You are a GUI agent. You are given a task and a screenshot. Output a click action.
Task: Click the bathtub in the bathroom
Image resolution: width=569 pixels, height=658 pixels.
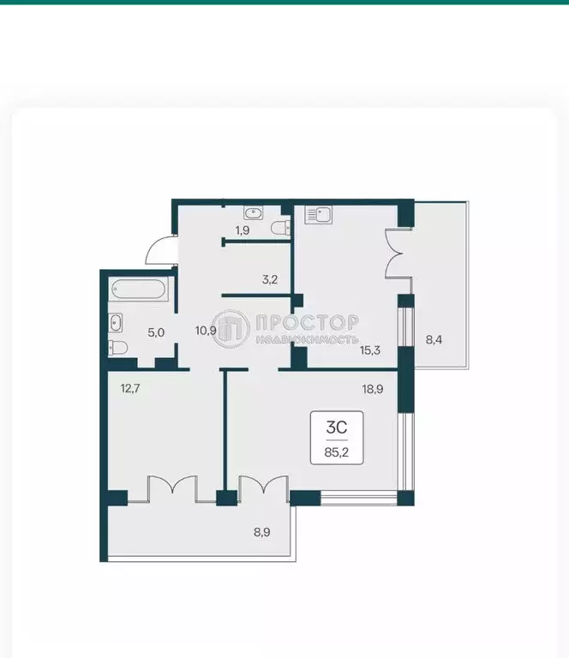point(138,290)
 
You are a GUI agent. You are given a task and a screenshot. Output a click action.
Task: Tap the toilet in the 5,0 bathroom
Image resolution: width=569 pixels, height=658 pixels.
point(117,347)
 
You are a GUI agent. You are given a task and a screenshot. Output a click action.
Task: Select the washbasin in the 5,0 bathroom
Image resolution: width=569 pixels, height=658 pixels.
point(116,322)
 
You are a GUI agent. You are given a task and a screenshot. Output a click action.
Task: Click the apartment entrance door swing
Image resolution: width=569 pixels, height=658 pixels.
point(159,250)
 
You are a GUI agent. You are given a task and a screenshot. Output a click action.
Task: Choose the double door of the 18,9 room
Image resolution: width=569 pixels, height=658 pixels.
point(261,486)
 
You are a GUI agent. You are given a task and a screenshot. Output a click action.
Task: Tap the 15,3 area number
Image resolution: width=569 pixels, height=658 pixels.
point(370,350)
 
